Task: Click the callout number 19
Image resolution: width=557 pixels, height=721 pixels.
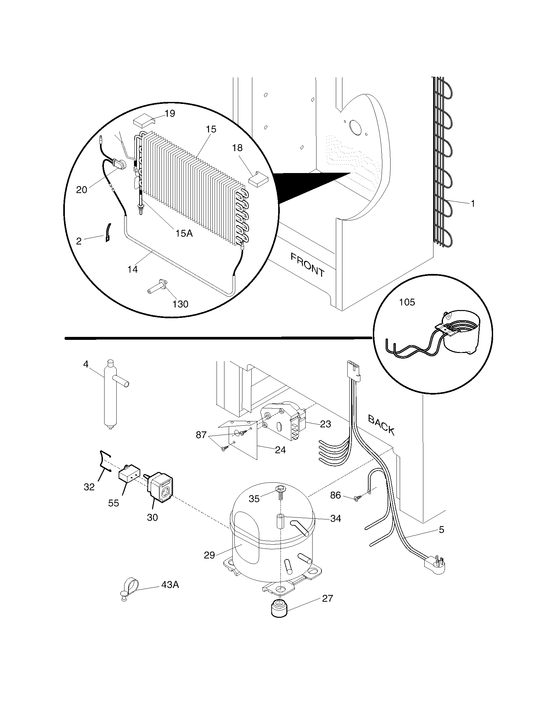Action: tap(170, 114)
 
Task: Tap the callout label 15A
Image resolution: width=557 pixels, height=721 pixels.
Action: tap(184, 233)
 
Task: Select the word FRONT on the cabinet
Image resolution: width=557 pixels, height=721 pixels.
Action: tap(308, 264)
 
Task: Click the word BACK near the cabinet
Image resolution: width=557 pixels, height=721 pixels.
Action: tap(381, 425)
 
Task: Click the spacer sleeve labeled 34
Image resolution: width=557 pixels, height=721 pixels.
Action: tap(280, 521)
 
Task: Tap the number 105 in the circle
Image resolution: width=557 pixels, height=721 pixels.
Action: tap(407, 302)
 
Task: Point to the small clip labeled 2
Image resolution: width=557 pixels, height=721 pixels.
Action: tap(107, 232)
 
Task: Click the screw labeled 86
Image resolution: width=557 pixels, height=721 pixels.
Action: tap(357, 507)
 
